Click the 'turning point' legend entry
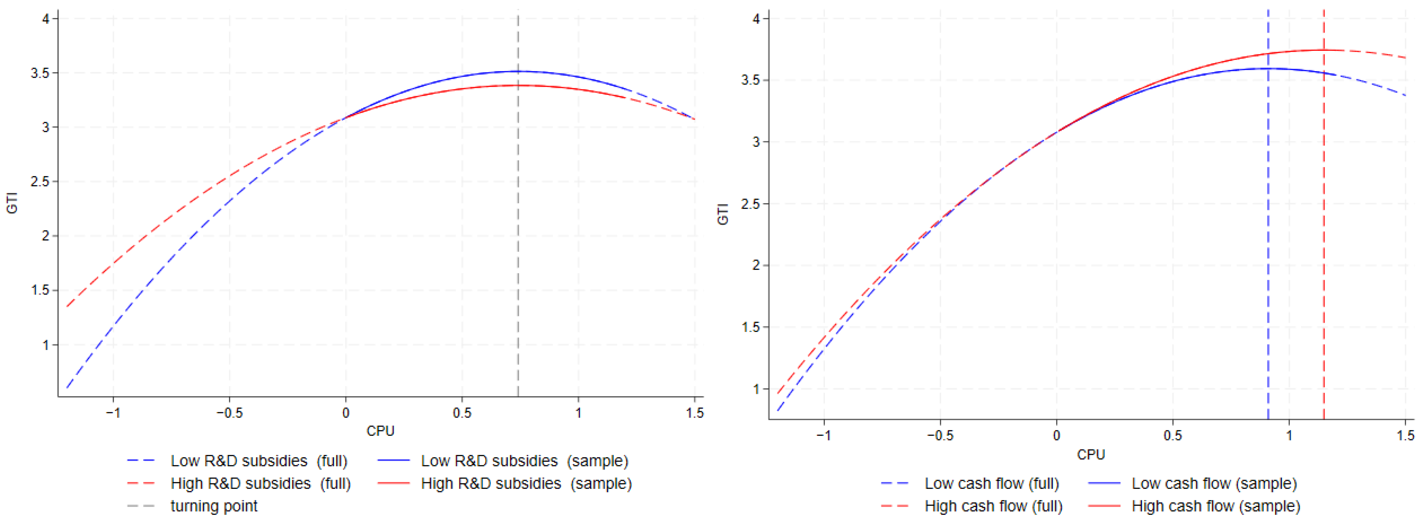click(x=213, y=506)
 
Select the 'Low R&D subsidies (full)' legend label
click(x=258, y=461)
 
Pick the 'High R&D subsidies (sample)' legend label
click(x=526, y=483)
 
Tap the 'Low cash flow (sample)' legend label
click(x=1214, y=483)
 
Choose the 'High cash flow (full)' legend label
click(x=993, y=506)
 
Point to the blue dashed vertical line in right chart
click(x=1268, y=249)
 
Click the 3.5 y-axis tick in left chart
click(x=40, y=73)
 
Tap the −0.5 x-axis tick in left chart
click(x=229, y=413)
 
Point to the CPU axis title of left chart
click(x=380, y=431)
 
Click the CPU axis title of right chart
click(x=1091, y=454)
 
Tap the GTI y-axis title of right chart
click(x=723, y=214)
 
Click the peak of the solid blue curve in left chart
click(x=518, y=71)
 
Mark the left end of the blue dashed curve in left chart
click(x=67, y=387)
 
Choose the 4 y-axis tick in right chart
click(x=756, y=19)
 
